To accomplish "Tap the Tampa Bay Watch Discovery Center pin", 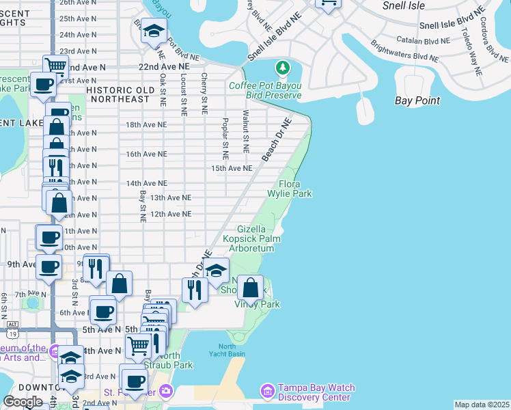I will pos(267,391).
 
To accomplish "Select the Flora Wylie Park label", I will pos(295,189).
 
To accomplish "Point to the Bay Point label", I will pos(417,100).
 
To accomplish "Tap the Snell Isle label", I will pos(404,6).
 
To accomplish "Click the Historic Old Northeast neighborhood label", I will pos(118,94).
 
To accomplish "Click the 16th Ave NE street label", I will pos(146,154).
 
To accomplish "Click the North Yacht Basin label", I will pos(227,350).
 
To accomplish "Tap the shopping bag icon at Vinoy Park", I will pos(251,288).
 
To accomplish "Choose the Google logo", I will pos(23,402).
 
